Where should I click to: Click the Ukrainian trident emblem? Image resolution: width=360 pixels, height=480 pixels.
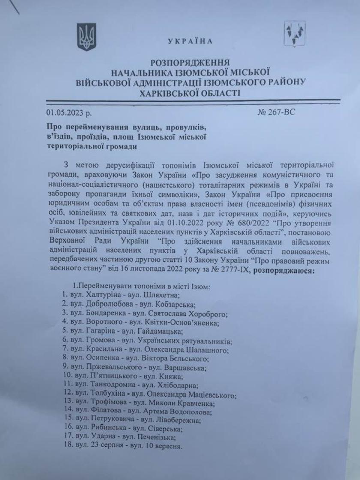85,38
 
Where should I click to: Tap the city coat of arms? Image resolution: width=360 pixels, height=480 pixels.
295,34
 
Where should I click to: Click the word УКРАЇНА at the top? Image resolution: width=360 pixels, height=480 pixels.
190,42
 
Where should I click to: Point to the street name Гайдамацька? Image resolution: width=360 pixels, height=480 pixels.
161,331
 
